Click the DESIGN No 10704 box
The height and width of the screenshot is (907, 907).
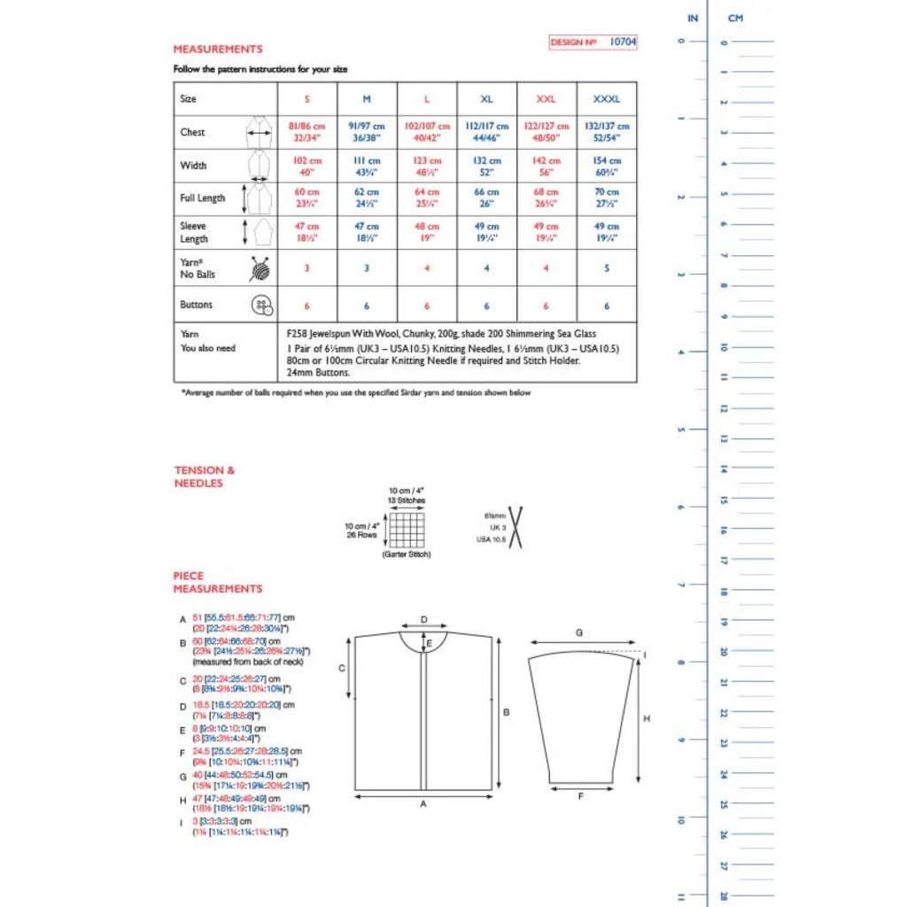pyautogui.click(x=593, y=42)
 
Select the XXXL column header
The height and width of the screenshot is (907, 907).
pyautogui.click(x=607, y=99)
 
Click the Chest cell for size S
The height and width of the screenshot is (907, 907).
pyautogui.click(x=306, y=132)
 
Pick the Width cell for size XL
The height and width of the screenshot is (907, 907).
pyautogui.click(x=486, y=166)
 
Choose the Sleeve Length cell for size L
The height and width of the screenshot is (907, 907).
pyautogui.click(x=427, y=232)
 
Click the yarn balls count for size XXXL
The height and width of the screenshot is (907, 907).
pyautogui.click(x=607, y=267)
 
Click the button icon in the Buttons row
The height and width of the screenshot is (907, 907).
pyautogui.click(x=261, y=306)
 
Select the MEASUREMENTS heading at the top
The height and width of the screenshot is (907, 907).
pyautogui.click(x=218, y=50)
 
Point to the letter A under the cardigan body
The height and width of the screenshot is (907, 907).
pyautogui.click(x=424, y=804)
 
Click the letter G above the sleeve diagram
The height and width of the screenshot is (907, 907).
pyautogui.click(x=578, y=632)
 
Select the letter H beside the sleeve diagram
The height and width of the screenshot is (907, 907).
pyautogui.click(x=647, y=718)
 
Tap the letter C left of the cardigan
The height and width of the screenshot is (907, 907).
pyautogui.click(x=342, y=670)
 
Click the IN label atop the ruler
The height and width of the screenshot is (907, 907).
pyautogui.click(x=693, y=18)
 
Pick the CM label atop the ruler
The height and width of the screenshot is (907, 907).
pyautogui.click(x=735, y=18)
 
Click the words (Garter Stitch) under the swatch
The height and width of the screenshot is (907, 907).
pyautogui.click(x=407, y=554)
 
